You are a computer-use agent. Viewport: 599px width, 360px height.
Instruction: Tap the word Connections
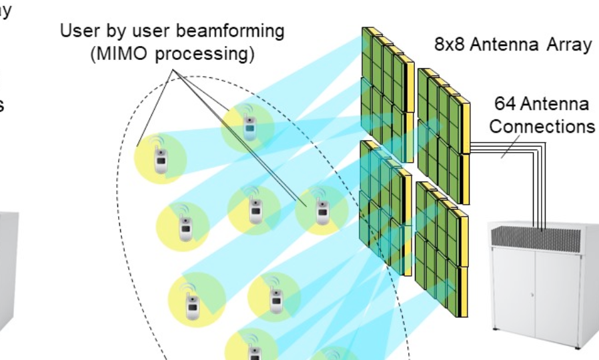click(542, 126)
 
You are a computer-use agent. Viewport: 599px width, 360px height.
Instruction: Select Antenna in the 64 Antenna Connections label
click(555, 105)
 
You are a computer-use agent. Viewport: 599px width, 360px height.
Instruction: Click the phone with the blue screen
click(249, 124)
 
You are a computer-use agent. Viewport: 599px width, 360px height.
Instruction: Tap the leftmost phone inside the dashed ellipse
click(159, 158)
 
